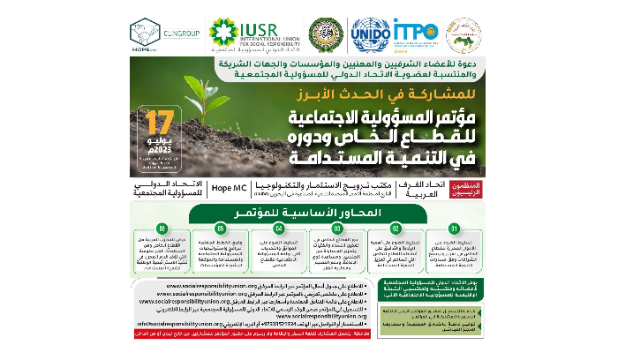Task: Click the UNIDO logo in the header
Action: pyautogui.click(x=370, y=38)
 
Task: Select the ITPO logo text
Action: pyautogui.click(x=417, y=31)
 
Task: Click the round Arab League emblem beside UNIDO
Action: pyautogui.click(x=325, y=35)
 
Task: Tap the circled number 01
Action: pyautogui.click(x=454, y=228)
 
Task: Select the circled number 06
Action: pyautogui.click(x=162, y=228)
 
